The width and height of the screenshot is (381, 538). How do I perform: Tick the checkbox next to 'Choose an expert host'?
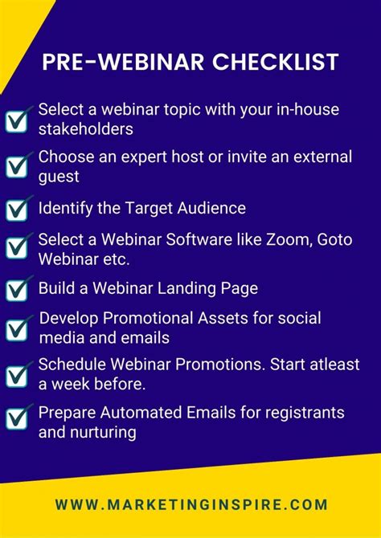17,166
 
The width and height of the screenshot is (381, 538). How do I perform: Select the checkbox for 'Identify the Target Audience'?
17,209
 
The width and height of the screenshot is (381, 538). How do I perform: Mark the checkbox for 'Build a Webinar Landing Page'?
17,288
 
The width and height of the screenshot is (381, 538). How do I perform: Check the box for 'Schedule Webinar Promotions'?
17,375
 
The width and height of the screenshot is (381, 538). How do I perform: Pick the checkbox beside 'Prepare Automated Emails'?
17,419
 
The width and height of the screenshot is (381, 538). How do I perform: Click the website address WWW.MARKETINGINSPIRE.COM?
191,505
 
